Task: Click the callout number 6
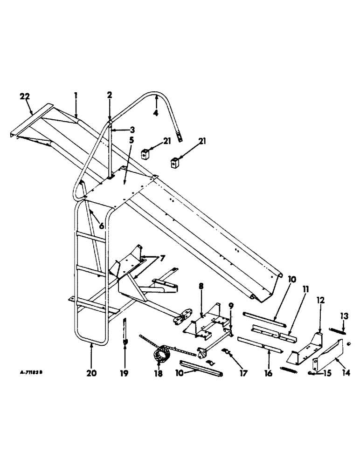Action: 101,226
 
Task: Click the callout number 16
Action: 269,373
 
